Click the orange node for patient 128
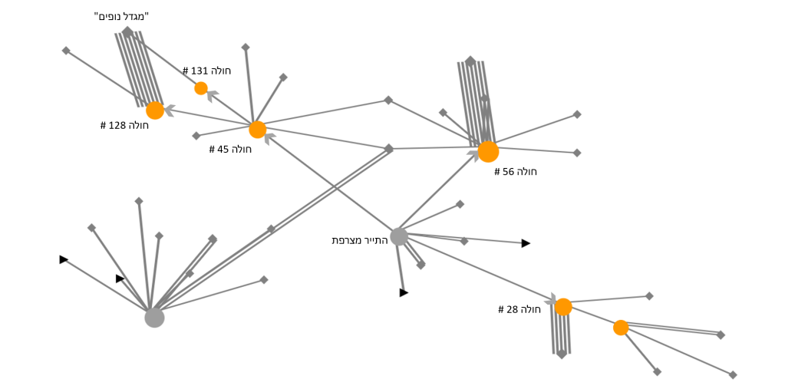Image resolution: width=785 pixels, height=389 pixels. [x=155, y=110]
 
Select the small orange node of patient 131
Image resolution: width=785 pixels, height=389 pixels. [x=201, y=88]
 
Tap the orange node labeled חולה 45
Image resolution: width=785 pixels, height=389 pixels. [x=258, y=130]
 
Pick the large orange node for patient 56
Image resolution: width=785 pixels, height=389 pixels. [x=488, y=152]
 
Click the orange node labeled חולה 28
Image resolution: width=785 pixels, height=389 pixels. [x=563, y=307]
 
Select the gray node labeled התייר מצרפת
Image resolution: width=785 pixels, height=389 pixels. [x=399, y=236]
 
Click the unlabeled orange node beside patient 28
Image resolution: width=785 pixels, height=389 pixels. [x=621, y=328]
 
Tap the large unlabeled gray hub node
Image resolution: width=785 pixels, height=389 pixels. [x=154, y=318]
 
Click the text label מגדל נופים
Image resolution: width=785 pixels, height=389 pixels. [x=121, y=16]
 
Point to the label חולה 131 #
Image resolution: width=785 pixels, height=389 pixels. [x=206, y=71]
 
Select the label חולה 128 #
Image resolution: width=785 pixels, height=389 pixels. [x=124, y=125]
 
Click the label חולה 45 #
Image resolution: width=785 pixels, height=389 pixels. [x=230, y=149]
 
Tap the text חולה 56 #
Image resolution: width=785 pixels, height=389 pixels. [x=516, y=172]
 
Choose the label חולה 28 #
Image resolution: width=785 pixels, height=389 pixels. [x=519, y=309]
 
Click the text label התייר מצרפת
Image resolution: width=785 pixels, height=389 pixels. [x=360, y=240]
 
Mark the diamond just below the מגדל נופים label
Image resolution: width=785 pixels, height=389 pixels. [x=127, y=31]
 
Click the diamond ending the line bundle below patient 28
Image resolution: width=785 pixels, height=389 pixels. [x=562, y=354]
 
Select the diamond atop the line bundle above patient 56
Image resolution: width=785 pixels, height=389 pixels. [x=470, y=61]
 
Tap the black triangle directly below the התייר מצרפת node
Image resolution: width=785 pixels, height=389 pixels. [x=404, y=292]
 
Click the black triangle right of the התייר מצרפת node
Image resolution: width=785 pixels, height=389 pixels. [x=526, y=243]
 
